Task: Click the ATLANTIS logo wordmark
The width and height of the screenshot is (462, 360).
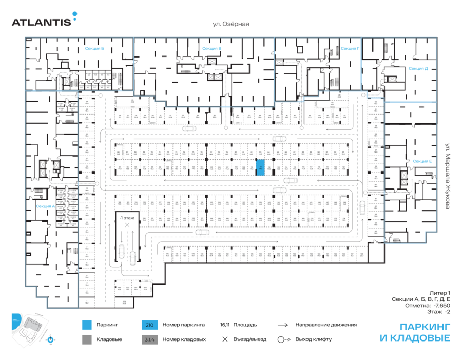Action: (x=42, y=22)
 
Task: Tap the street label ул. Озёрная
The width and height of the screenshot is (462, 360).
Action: (x=231, y=24)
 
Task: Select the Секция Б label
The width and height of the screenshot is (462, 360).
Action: (x=94, y=49)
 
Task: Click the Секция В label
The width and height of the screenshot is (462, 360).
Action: (x=211, y=49)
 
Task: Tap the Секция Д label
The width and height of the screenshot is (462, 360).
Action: (x=418, y=68)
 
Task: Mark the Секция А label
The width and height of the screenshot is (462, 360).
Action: (x=45, y=206)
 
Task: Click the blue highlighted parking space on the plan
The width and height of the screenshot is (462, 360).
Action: (x=261, y=169)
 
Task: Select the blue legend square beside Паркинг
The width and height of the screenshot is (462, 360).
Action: (x=87, y=325)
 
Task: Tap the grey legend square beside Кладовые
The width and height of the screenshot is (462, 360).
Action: (x=87, y=339)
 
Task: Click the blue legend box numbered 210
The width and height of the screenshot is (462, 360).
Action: (x=149, y=325)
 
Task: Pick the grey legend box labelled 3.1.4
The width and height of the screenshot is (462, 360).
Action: (x=149, y=339)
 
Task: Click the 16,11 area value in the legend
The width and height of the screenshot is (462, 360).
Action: (x=224, y=325)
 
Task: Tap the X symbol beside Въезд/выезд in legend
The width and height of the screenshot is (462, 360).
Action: (x=224, y=339)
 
